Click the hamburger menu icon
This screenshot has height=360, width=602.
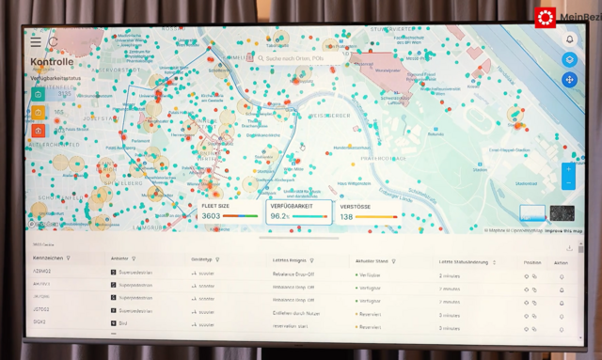[36, 42]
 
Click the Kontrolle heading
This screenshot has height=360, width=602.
[52, 62]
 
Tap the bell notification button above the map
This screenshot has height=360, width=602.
[569, 39]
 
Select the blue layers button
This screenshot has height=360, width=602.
[569, 59]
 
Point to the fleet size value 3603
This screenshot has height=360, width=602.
[212, 216]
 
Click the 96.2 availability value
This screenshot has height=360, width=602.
[279, 216]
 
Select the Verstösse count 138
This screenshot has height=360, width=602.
[347, 216]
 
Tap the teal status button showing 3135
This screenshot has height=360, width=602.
[39, 94]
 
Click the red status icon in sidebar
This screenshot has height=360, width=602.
[39, 131]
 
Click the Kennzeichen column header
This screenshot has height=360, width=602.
[49, 258]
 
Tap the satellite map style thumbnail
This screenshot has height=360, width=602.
[562, 213]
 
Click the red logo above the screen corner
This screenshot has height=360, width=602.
[546, 17]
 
